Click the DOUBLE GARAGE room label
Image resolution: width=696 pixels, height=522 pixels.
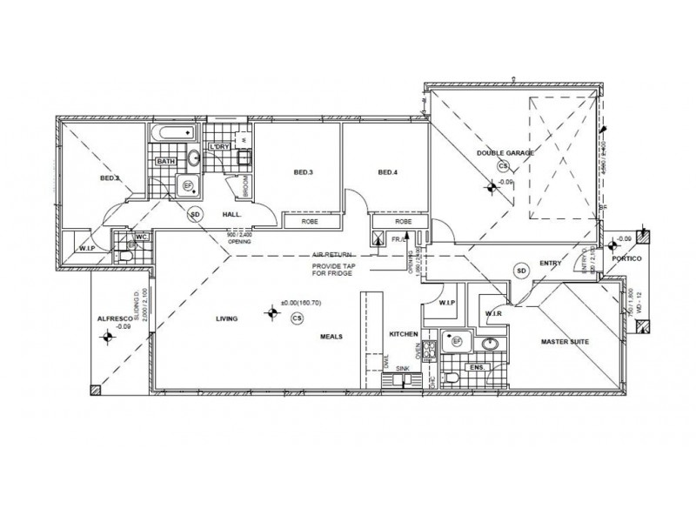coord(505,153)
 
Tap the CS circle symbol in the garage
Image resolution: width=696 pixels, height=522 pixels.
coord(502,165)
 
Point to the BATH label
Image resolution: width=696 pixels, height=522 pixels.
coord(166,162)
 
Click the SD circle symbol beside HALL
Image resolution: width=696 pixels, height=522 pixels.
coord(195,213)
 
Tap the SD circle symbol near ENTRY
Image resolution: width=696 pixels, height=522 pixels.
coord(522,270)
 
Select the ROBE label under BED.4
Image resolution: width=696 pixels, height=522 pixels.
coord(399,222)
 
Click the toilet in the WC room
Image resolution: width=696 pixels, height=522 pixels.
coord(131,246)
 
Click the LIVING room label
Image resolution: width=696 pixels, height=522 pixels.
coord(227,320)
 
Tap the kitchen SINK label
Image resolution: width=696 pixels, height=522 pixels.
coord(401,369)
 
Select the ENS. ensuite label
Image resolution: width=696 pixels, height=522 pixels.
coord(477,369)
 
